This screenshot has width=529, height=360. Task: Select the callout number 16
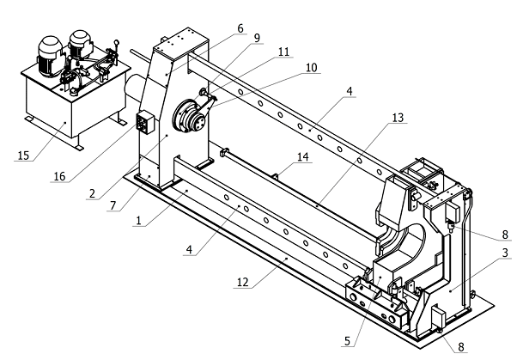click(x=58, y=176)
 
